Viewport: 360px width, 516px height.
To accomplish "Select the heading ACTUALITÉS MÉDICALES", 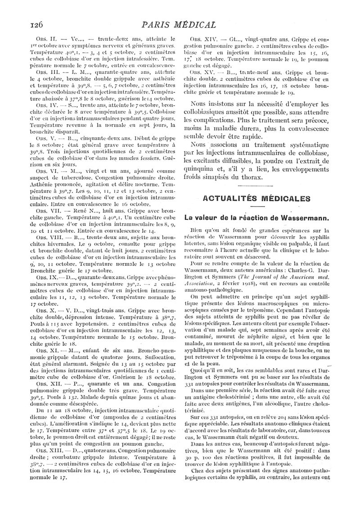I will pos(257,198).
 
